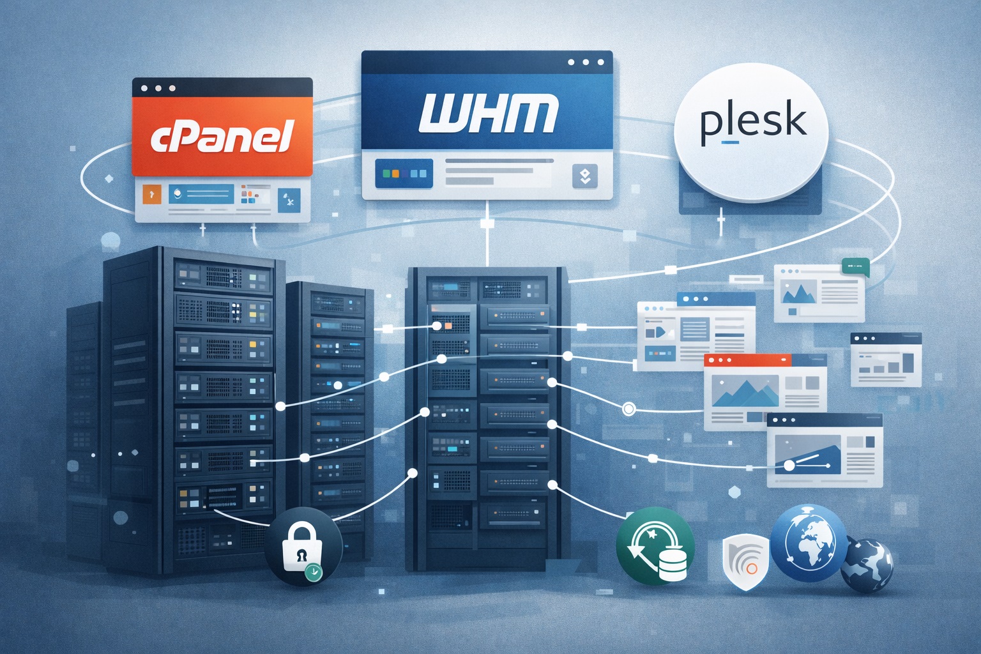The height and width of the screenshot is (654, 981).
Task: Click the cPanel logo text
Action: [222, 137]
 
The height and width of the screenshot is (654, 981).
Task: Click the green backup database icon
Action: [655, 546]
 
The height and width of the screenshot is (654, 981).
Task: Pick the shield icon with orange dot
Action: [745, 561]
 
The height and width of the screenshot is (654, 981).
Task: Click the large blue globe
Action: [809, 543]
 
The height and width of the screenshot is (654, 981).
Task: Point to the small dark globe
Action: [866, 566]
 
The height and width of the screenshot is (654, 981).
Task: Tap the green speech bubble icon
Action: [855, 266]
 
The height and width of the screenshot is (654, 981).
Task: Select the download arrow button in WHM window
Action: [585, 176]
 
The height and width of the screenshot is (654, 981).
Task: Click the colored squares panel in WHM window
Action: [404, 174]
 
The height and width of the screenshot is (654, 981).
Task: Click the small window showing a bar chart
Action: [885, 360]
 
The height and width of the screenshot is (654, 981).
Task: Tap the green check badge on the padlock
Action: [313, 572]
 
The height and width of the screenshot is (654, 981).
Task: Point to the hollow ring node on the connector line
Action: [628, 409]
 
